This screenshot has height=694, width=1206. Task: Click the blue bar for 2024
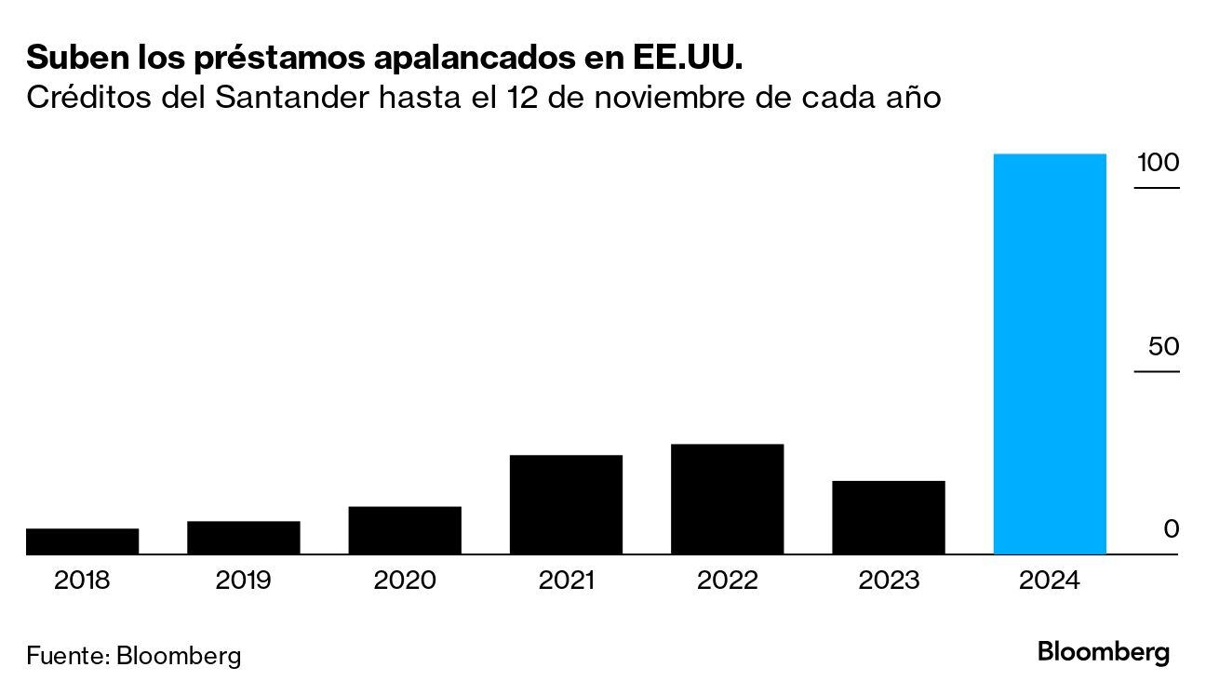click(x=1050, y=354)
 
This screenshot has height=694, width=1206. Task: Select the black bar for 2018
click(x=82, y=541)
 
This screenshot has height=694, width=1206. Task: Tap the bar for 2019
click(x=243, y=538)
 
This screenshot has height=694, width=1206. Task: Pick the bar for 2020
click(x=405, y=530)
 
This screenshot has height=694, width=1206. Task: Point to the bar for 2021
click(x=566, y=504)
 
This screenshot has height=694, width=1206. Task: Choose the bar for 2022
click(x=727, y=499)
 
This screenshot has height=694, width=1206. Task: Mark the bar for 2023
click(x=889, y=517)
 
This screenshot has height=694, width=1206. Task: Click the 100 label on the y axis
click(x=1157, y=163)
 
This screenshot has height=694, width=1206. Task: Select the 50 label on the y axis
click(x=1163, y=347)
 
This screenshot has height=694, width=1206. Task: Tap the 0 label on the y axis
click(x=1171, y=529)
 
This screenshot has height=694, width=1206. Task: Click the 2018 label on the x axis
click(x=82, y=581)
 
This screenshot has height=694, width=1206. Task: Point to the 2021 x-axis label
click(x=566, y=581)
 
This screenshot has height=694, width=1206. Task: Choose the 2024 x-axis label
click(x=1050, y=581)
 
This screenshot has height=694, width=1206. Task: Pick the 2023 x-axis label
click(x=889, y=581)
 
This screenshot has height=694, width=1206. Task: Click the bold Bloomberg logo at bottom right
click(x=1104, y=652)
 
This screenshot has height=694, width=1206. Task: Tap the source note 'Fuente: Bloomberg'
click(x=133, y=655)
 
